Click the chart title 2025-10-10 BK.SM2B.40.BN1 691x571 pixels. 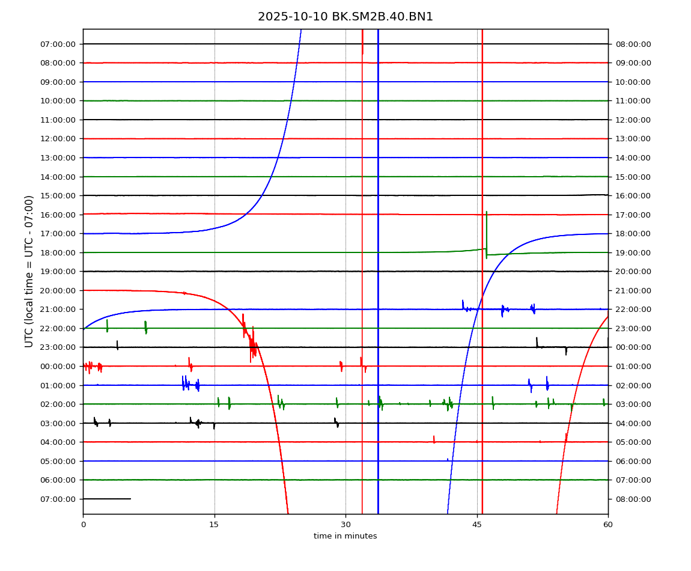[x=345, y=17]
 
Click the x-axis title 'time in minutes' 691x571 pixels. [x=345, y=536]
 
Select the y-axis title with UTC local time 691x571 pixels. [x=29, y=271]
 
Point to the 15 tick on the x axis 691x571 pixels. [x=215, y=525]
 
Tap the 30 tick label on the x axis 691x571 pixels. [x=345, y=525]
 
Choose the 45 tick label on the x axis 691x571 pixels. [x=477, y=525]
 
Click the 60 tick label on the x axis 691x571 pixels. [x=608, y=525]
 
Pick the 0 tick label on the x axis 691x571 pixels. [x=84, y=525]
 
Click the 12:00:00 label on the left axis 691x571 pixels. [x=58, y=139]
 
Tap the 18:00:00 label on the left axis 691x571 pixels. [x=58, y=252]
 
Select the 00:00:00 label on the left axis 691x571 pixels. [x=58, y=366]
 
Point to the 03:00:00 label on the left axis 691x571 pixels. [x=58, y=423]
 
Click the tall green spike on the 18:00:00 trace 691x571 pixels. [x=487, y=231]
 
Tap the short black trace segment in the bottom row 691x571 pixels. [x=107, y=499]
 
